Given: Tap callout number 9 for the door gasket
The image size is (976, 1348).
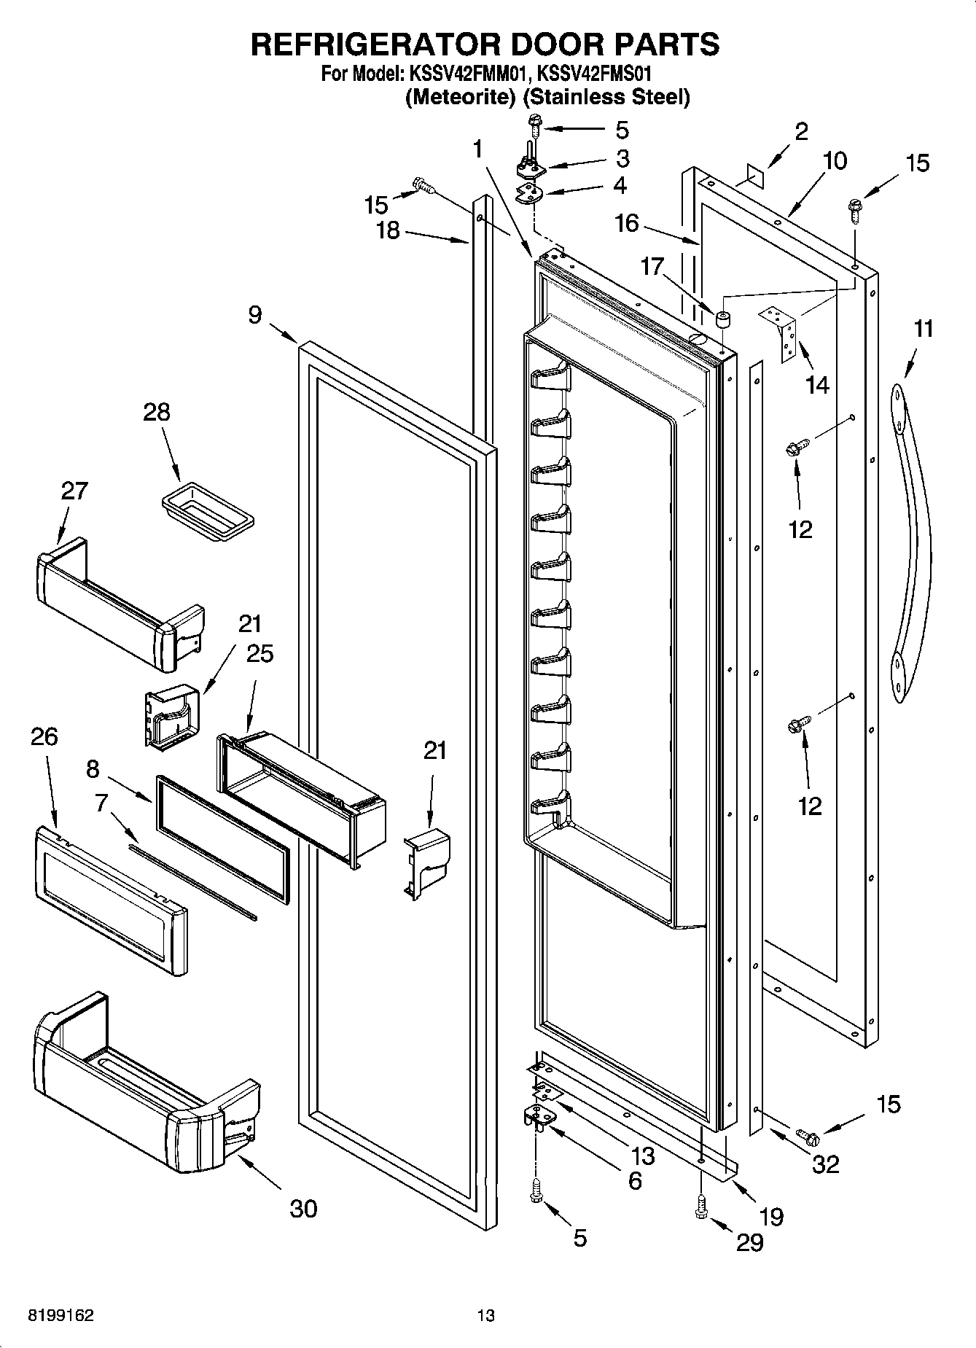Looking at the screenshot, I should coord(254,315).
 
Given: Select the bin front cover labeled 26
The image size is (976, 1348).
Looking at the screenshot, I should coord(109,900).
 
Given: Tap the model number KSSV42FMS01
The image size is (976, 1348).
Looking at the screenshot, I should coord(593,74).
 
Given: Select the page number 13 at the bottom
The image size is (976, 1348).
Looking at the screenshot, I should coord(486,1316).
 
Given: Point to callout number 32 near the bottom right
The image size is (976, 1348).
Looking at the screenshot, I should coord(825,1164).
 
